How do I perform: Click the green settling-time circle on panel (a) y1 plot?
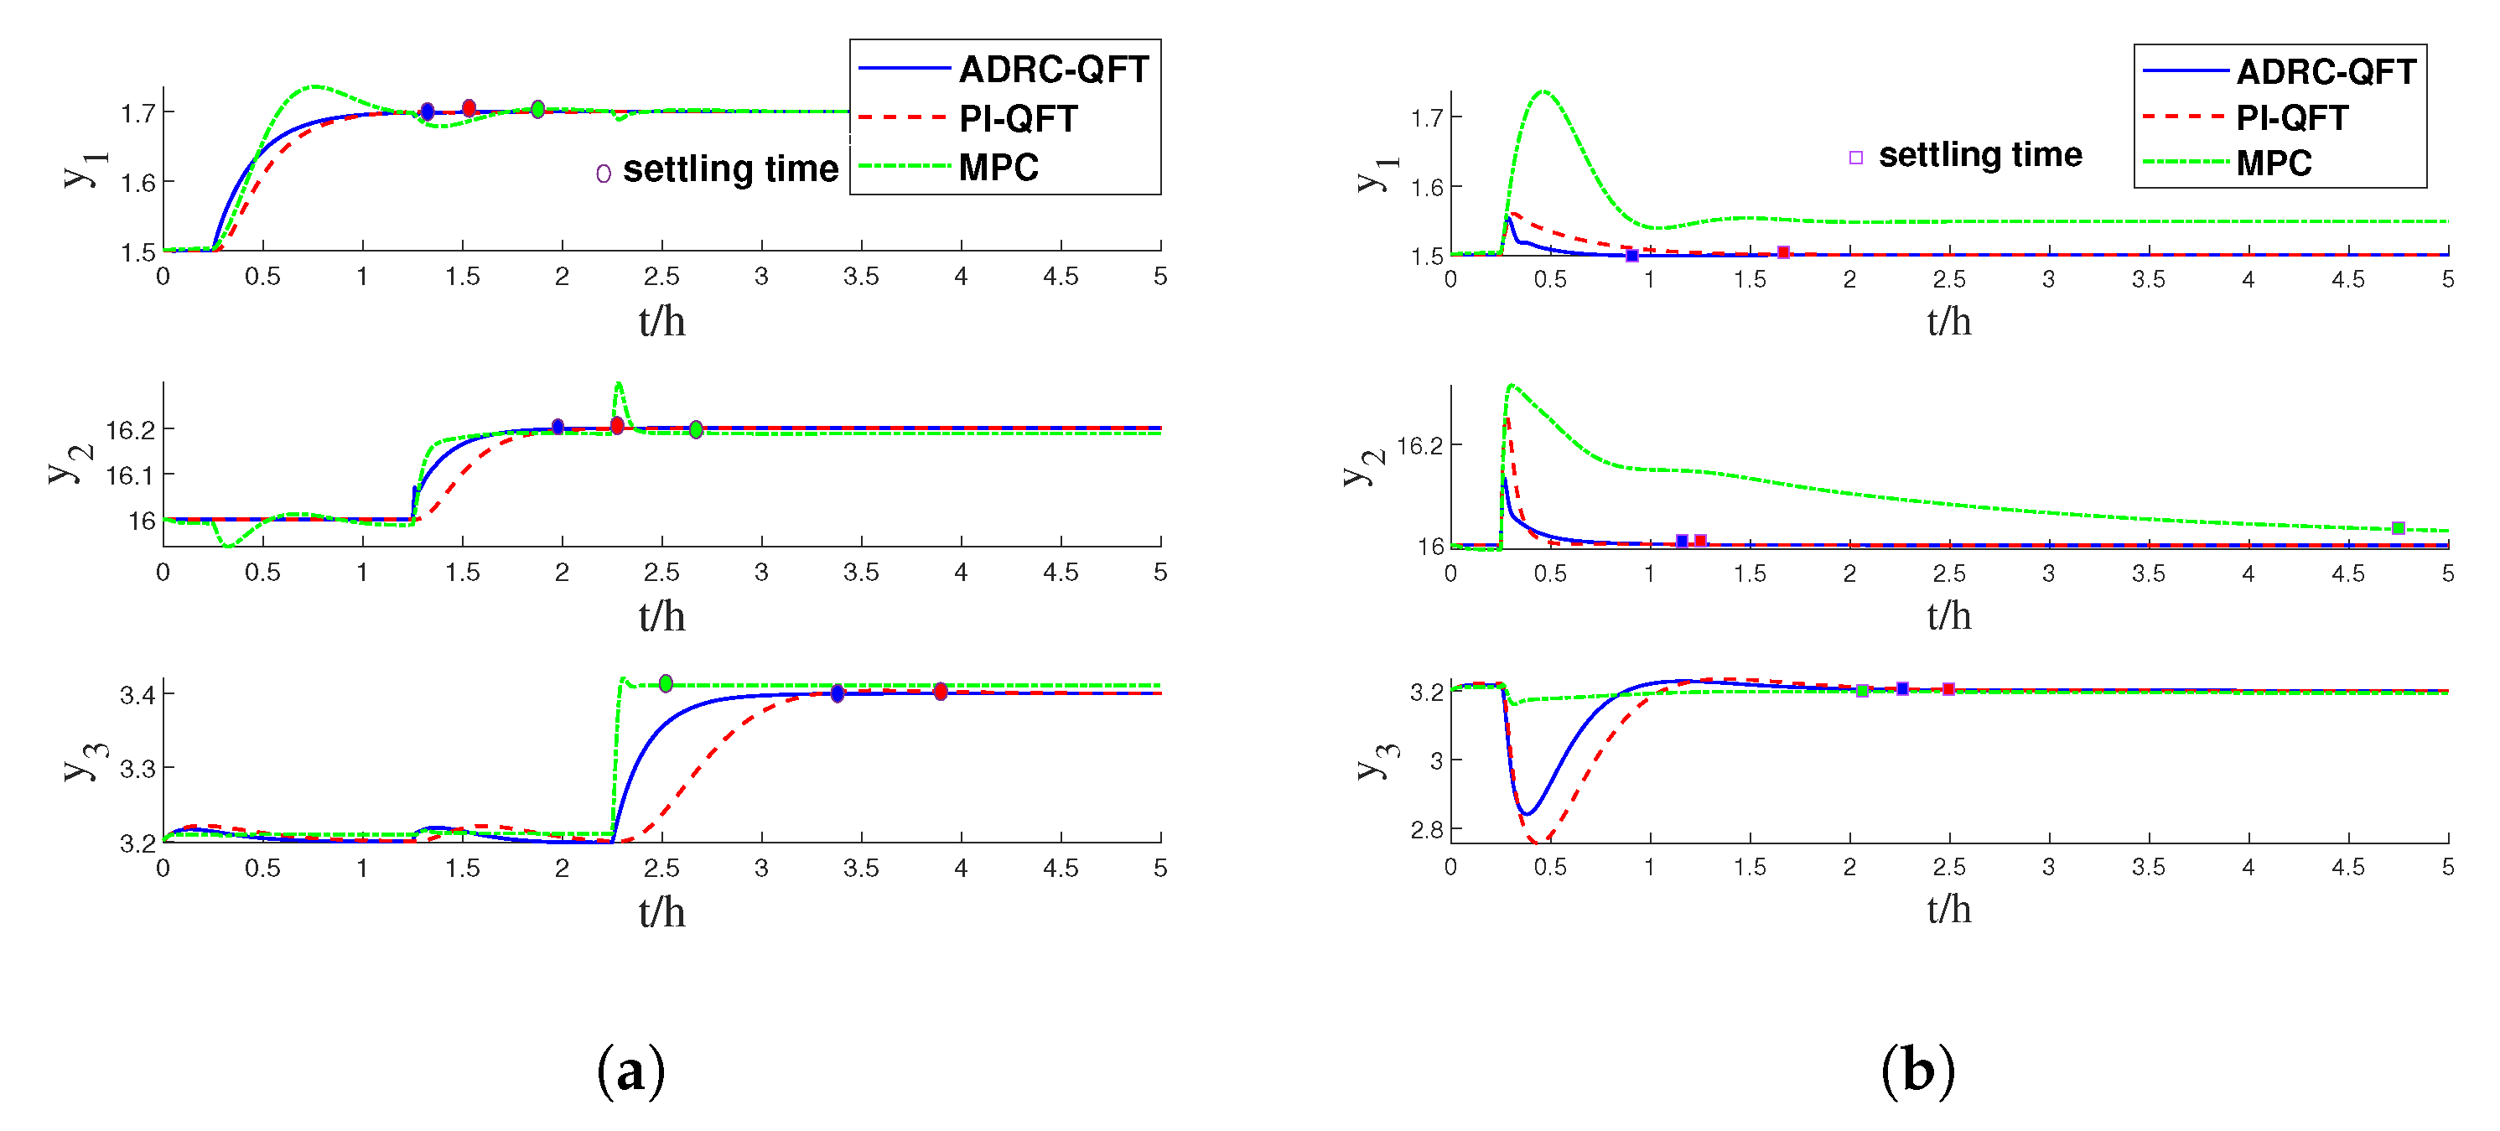(537, 110)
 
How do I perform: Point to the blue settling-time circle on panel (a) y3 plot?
(838, 693)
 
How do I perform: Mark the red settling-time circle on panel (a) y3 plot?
(941, 691)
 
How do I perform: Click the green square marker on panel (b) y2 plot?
(2398, 528)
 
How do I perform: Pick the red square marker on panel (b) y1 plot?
(1783, 252)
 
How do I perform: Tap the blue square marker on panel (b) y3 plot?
(1902, 688)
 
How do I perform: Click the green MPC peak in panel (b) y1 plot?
(1543, 92)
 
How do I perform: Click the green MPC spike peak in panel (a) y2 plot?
(620, 385)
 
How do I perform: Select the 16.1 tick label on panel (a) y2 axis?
(130, 475)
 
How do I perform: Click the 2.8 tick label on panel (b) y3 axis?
(1427, 830)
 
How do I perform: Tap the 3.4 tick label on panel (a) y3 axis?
(137, 694)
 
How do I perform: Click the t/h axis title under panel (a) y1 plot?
(661, 321)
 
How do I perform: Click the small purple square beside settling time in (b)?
(1855, 158)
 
